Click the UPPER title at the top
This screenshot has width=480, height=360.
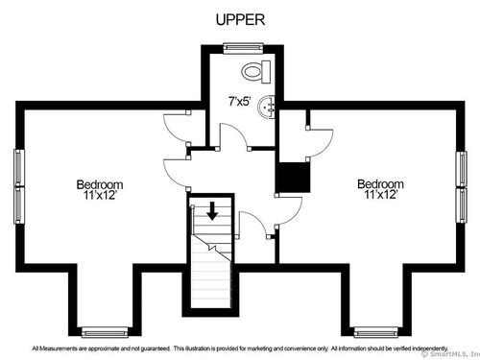point(240,20)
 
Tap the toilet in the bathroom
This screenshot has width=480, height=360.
point(256,72)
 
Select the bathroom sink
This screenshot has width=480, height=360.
point(266,108)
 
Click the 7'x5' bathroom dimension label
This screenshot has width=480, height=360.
point(240,102)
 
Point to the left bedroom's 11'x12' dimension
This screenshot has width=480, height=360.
point(100,195)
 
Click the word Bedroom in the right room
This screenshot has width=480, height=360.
point(380,184)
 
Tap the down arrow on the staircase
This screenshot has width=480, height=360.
point(212,211)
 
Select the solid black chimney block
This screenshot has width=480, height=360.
point(294,178)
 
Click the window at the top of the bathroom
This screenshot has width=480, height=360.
point(243,48)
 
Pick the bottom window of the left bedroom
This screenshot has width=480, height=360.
point(105,332)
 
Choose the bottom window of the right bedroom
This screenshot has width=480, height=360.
point(376,332)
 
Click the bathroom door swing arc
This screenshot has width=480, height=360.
point(237,131)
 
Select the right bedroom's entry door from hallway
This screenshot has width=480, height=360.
point(296,214)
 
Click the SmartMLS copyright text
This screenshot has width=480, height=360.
point(451,354)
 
